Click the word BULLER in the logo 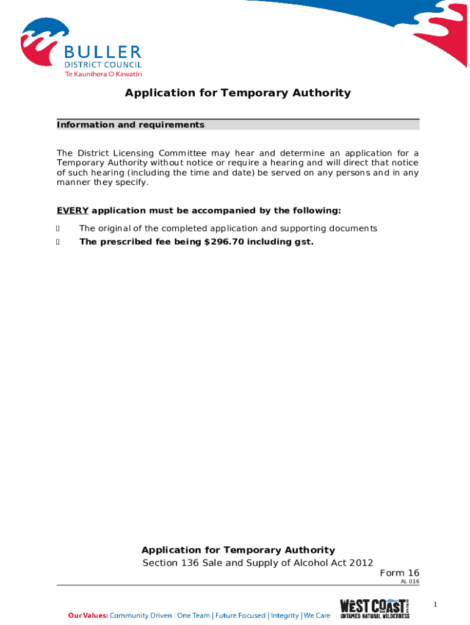click(x=103, y=52)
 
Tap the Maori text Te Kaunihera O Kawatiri click(x=103, y=74)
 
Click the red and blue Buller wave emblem click(x=43, y=43)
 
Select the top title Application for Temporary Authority click(x=237, y=93)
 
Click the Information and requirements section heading click(x=131, y=125)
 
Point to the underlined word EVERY click(x=73, y=211)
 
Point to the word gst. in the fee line click(x=302, y=242)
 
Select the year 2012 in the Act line click(x=361, y=563)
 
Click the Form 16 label click(x=399, y=573)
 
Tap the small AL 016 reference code click(x=410, y=582)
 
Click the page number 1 click(x=435, y=604)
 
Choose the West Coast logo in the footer click(x=375, y=609)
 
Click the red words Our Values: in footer click(x=88, y=616)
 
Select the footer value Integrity click(x=285, y=616)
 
